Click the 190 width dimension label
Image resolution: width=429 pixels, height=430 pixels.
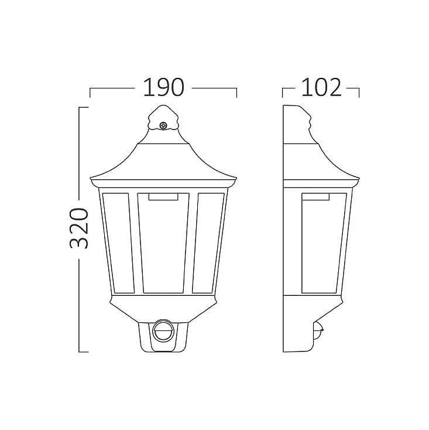coord(163,87)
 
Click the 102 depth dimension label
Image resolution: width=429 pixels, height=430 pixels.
coord(321,87)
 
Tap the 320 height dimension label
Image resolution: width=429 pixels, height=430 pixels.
coord(79,228)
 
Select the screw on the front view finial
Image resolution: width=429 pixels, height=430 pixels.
coord(163,125)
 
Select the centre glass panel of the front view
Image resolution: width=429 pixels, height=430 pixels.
coord(163,243)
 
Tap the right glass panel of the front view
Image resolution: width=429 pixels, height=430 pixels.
coord(208,243)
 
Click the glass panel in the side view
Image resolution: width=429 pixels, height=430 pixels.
coord(324,243)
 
